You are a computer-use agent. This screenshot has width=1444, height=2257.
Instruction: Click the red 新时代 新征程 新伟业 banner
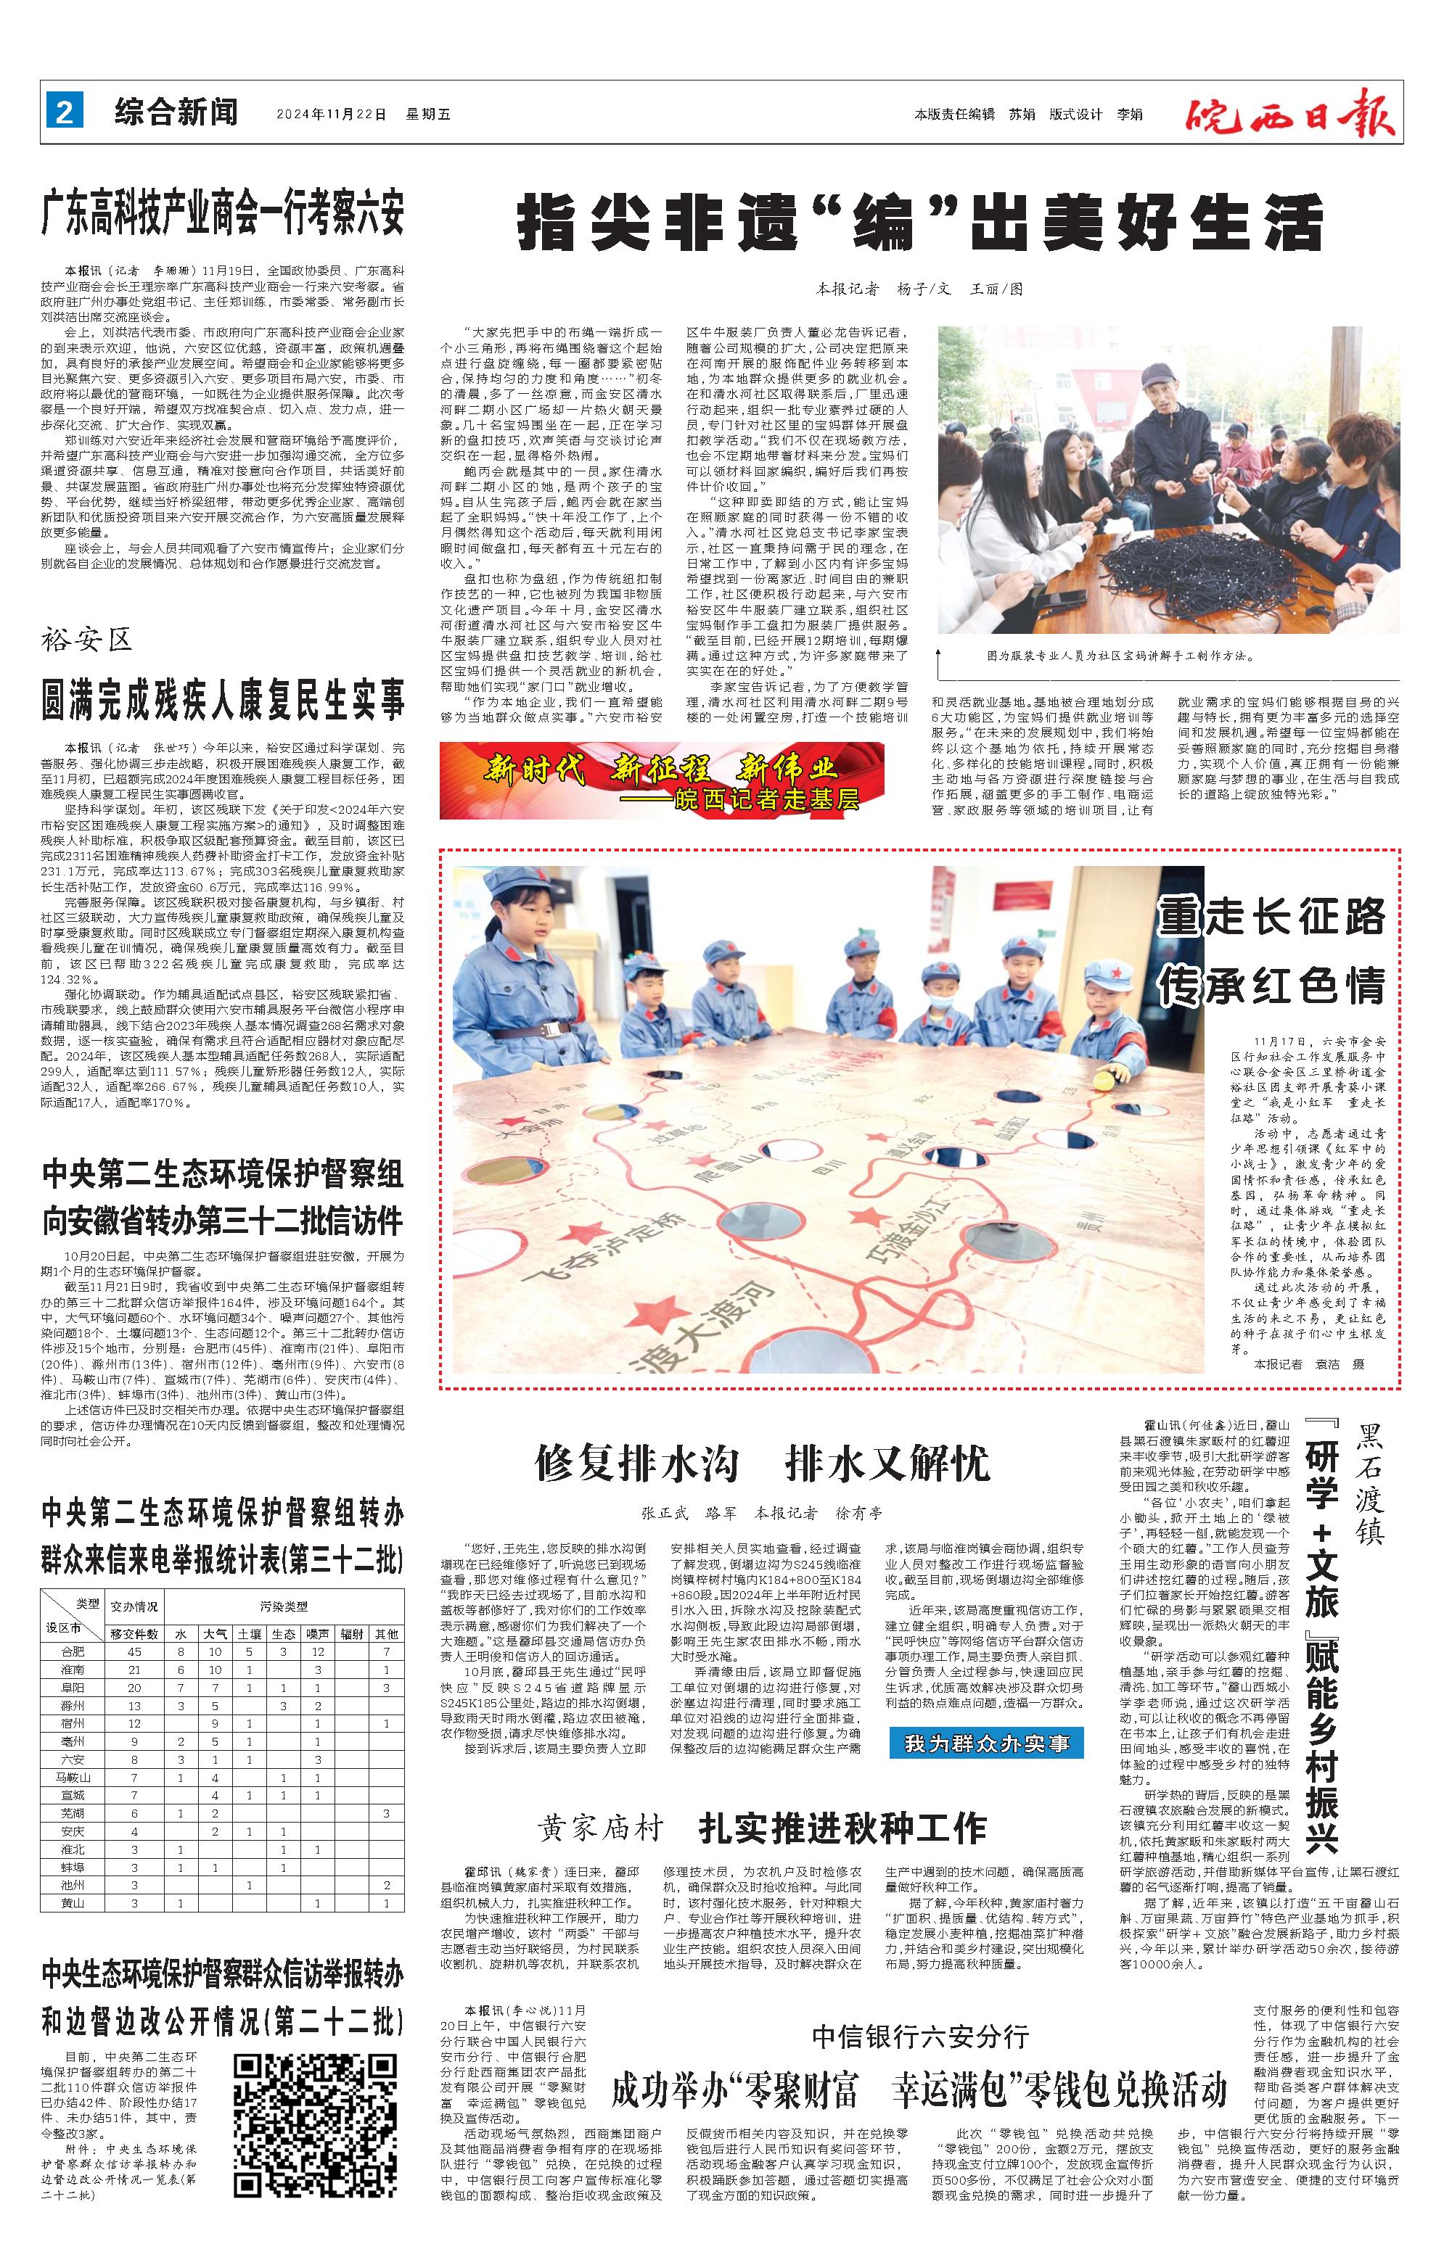click(x=661, y=779)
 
